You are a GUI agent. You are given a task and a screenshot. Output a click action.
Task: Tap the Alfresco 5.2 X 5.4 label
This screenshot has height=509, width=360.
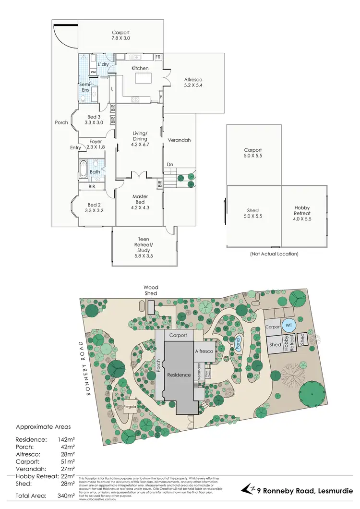click(193, 83)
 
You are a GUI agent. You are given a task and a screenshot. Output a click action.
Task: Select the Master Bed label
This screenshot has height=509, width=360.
click(140, 199)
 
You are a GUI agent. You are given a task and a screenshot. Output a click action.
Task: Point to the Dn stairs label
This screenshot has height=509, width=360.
click(169, 164)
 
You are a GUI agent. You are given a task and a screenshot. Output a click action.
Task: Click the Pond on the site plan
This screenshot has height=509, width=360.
click(238, 345)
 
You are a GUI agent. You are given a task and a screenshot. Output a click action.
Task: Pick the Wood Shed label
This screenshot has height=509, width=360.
click(151, 291)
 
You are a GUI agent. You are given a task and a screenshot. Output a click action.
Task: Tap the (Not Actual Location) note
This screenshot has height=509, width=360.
click(275, 254)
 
